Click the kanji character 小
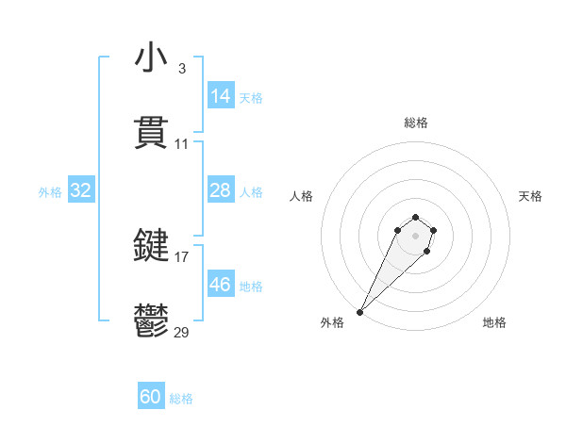(151, 58)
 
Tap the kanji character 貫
(151, 134)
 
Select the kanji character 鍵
(151, 247)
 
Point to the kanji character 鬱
(151, 322)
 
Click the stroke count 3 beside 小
(181, 69)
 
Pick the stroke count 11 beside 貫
(182, 144)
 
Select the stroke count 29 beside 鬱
(182, 333)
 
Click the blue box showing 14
(221, 96)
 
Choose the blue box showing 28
(221, 190)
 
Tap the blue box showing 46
(221, 285)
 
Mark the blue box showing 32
(81, 190)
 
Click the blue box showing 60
(151, 398)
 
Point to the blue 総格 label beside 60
(181, 399)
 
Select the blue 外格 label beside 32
(50, 192)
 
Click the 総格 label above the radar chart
(416, 123)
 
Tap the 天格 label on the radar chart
(531, 196)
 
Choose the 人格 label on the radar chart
(302, 196)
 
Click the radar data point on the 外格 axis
(359, 312)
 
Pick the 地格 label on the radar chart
(494, 322)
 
